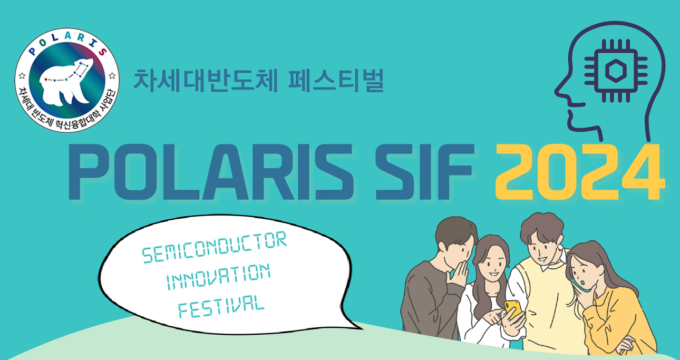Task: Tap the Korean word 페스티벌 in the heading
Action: pyautogui.click(x=336, y=81)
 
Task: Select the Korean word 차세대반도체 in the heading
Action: pyautogui.click(x=206, y=81)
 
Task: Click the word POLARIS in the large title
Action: pyautogui.click(x=211, y=172)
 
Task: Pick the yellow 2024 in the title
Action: pyautogui.click(x=580, y=172)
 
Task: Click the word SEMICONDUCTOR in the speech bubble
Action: pyautogui.click(x=215, y=247)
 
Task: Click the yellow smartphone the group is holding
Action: pyautogui.click(x=513, y=309)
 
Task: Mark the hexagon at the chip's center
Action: pyautogui.click(x=616, y=71)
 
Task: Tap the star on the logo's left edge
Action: pyautogui.click(x=22, y=75)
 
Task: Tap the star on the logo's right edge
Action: pyautogui.click(x=112, y=75)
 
